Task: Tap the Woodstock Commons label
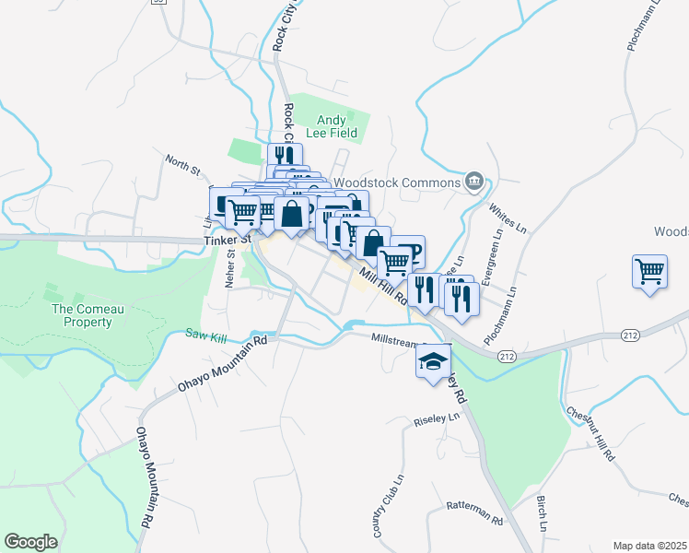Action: tap(396, 182)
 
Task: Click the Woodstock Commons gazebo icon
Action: tap(474, 181)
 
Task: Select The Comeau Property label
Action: tap(82, 316)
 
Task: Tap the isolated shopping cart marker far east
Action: tap(649, 273)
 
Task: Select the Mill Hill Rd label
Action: tap(382, 285)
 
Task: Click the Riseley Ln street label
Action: tap(439, 418)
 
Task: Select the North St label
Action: tap(182, 164)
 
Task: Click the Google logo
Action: tap(30, 542)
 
